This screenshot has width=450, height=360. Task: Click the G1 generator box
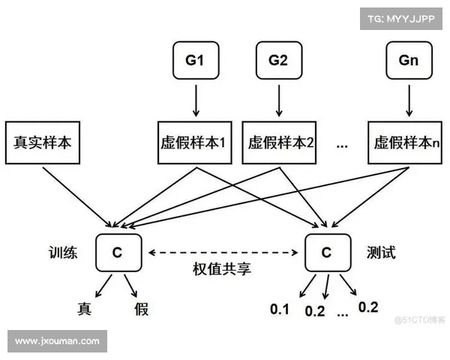tap(194, 61)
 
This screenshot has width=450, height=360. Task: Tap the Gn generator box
tap(409, 61)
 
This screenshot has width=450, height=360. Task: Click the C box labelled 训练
tap(117, 253)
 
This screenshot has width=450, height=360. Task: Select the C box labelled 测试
tap(326, 253)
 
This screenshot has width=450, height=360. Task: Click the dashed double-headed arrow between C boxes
tap(221, 253)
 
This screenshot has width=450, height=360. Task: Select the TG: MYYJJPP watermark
tap(400, 19)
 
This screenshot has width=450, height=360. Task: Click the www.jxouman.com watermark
tap(57, 341)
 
